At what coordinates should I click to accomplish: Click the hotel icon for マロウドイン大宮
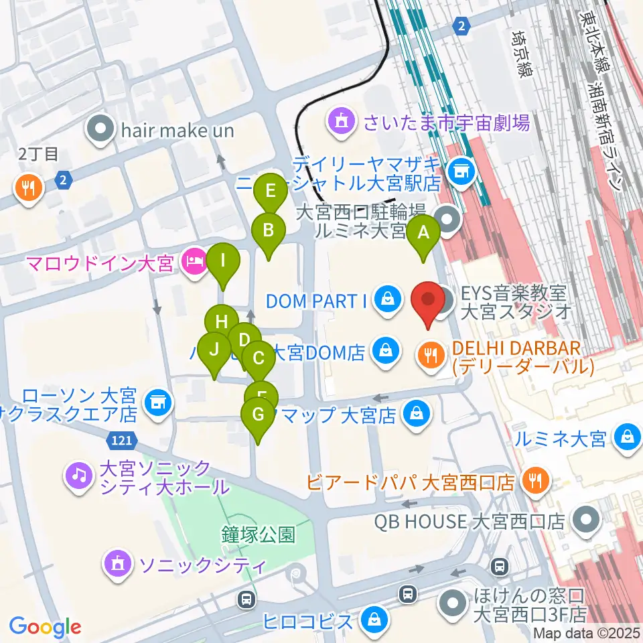point(194,263)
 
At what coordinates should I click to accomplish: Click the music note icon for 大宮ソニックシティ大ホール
point(79,476)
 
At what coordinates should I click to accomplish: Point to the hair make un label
point(177,130)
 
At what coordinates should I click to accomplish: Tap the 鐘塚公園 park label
point(259,534)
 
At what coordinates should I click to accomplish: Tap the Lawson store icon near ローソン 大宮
point(157,403)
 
